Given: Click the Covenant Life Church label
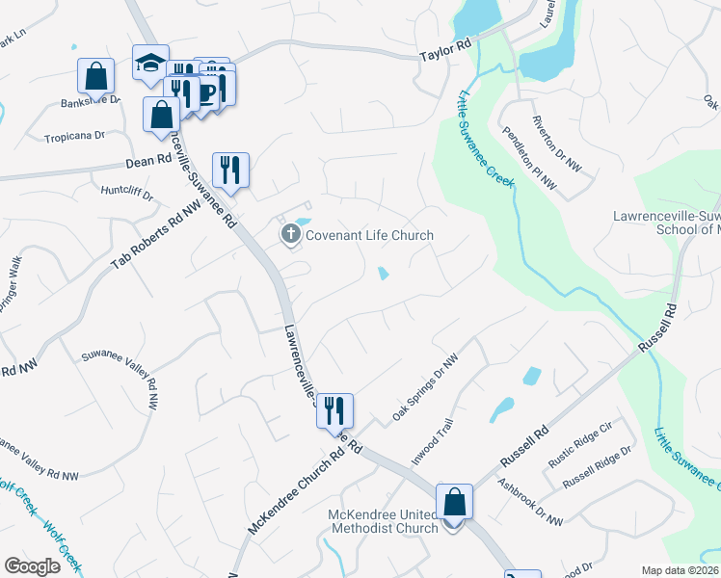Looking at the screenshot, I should pyautogui.click(x=369, y=235).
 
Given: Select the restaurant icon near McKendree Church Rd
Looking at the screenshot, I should pyautogui.click(x=334, y=409).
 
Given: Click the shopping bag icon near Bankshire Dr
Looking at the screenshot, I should pyautogui.click(x=96, y=74).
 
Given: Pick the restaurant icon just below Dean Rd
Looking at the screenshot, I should pyautogui.click(x=230, y=169).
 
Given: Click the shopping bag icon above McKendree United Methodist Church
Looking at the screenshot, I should pyautogui.click(x=454, y=501).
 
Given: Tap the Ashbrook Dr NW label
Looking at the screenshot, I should pyautogui.click(x=530, y=503).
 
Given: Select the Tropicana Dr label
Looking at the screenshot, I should pyautogui.click(x=73, y=137).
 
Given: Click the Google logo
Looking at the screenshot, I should pyautogui.click(x=32, y=565).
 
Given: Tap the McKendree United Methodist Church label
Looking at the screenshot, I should pyautogui.click(x=384, y=520).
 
